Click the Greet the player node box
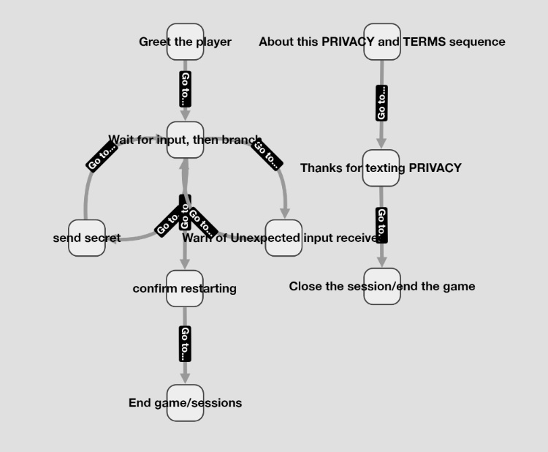click(185, 42)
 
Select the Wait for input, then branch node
click(185, 140)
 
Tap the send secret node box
click(87, 238)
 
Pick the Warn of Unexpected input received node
click(283, 238)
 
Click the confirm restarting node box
click(185, 288)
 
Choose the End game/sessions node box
click(185, 403)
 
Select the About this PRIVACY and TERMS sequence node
click(382, 42)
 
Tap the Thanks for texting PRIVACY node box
click(381, 168)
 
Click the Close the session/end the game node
click(382, 286)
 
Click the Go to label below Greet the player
click(185, 89)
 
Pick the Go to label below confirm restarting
click(185, 344)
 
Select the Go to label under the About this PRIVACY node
click(381, 103)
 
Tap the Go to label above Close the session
click(381, 225)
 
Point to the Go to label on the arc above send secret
click(102, 156)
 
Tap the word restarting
click(208, 288)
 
